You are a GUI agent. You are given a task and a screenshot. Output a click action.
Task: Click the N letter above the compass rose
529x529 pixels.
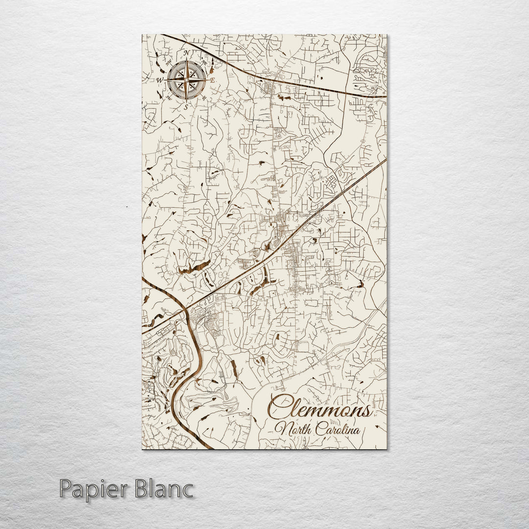click(186, 53)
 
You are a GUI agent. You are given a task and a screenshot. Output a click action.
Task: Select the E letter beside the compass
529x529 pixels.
click(213, 80)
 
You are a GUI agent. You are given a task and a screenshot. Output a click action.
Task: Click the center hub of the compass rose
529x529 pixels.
click(186, 79)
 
